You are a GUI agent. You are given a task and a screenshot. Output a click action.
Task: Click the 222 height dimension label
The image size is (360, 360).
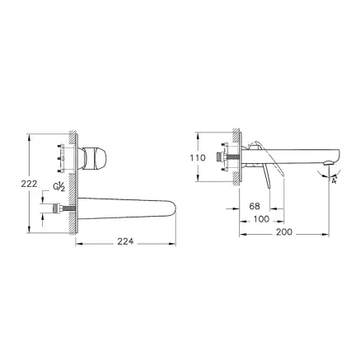point(18,185)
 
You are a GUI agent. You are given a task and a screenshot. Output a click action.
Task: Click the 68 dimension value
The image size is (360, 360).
point(255,208)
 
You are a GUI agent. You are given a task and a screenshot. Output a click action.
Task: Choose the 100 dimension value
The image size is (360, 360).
point(261,219)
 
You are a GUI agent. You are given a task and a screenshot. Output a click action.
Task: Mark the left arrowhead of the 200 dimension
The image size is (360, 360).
point(241,232)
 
